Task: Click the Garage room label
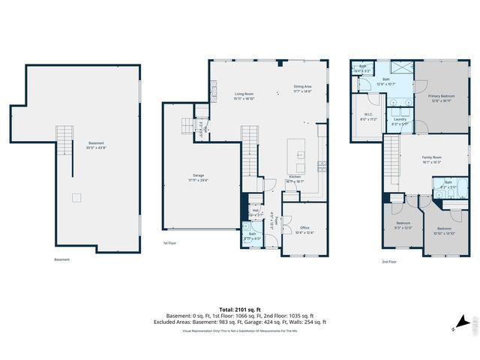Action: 198,178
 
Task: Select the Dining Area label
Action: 302,88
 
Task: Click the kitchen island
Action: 300,154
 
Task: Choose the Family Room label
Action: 431,158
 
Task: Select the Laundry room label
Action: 399,121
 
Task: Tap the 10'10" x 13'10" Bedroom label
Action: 444,229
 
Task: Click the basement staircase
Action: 65,143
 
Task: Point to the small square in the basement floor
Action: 75,198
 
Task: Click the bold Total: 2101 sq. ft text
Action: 239,309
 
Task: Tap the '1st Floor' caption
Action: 171,244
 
